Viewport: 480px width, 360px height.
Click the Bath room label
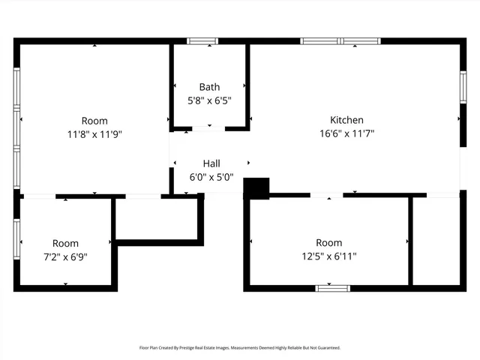pos(209,87)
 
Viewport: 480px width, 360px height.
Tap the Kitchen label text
pos(346,120)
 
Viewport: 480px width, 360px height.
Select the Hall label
pos(211,163)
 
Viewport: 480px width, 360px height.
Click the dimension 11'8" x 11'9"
pos(94,134)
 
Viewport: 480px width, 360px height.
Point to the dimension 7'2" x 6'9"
pos(65,256)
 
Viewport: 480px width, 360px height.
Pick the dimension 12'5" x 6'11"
pos(328,256)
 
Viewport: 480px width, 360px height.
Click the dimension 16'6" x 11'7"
pos(346,133)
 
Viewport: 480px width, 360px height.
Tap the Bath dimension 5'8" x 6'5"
pos(209,100)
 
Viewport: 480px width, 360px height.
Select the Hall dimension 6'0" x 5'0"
pos(211,177)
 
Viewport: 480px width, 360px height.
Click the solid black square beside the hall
pos(256,188)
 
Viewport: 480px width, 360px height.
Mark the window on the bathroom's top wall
pos(202,41)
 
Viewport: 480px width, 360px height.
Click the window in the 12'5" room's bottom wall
pos(332,287)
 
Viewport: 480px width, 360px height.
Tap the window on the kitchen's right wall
pos(462,88)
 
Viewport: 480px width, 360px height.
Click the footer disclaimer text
pos(240,348)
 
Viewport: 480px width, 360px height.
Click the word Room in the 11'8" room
pos(94,121)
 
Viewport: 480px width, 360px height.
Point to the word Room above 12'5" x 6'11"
pos(328,243)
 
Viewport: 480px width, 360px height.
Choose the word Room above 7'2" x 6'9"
pos(65,243)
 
